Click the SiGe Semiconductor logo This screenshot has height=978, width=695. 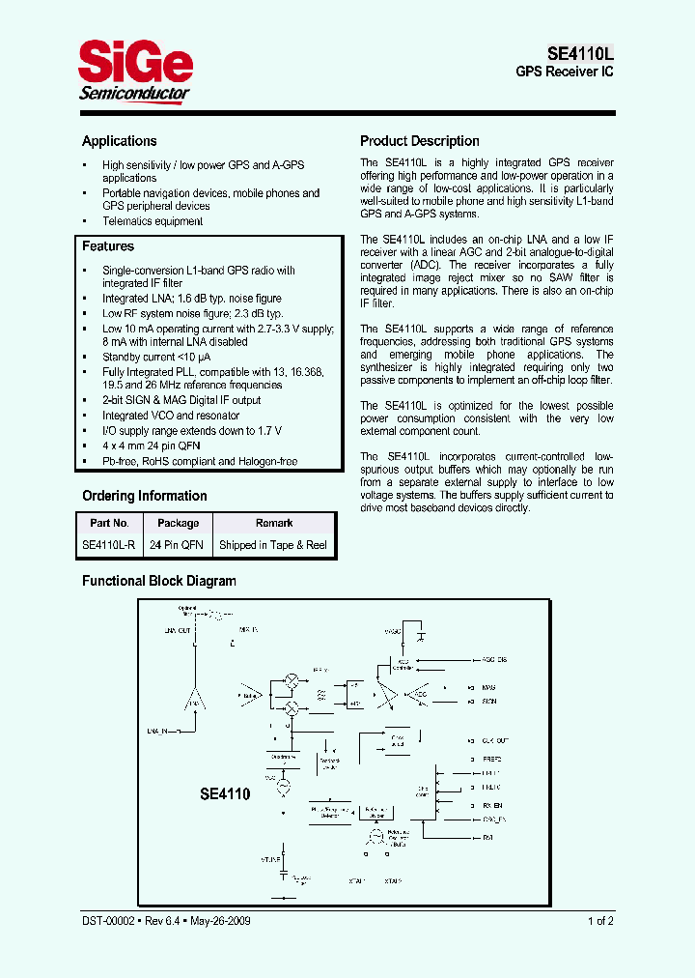[134, 73]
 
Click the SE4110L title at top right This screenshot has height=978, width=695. [580, 54]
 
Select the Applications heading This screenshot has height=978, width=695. [119, 141]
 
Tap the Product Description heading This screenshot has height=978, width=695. [420, 141]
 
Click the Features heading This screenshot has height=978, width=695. [107, 246]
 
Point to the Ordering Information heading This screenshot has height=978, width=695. [144, 496]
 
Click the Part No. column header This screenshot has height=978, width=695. [108, 523]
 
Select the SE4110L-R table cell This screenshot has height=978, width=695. [108, 545]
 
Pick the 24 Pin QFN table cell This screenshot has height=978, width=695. [177, 545]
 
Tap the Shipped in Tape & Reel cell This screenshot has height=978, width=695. [273, 545]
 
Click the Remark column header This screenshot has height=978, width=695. [274, 523]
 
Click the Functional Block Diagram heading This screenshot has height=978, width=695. [158, 581]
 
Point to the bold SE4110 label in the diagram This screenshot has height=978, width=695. [225, 794]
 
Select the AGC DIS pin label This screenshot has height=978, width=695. [495, 660]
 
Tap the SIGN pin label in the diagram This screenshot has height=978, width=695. [489, 702]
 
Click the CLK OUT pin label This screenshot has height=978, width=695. [495, 740]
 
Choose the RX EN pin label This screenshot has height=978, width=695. [492, 804]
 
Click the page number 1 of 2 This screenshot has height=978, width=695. [599, 921]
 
